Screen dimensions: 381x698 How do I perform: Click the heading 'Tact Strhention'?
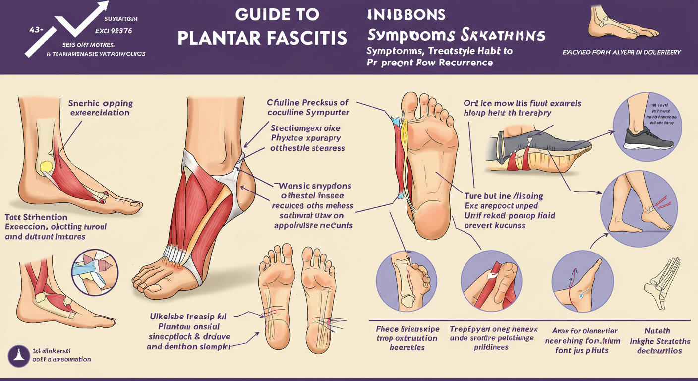[x=36, y=217]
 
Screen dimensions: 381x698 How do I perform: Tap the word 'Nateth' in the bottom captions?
[x=657, y=331]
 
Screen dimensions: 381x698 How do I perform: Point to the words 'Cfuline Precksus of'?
[x=308, y=103]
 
